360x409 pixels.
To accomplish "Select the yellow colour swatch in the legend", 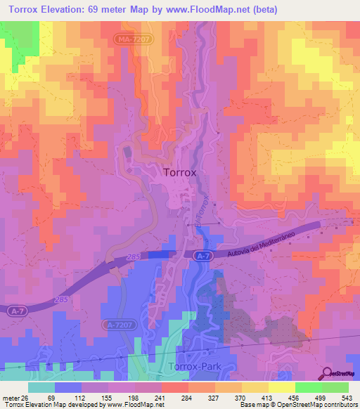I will [281, 387].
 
